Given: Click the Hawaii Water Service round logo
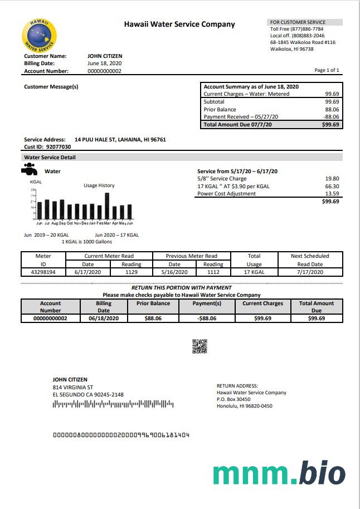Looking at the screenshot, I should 39,36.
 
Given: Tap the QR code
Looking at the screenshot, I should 200,346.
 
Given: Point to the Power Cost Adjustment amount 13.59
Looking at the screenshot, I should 332,194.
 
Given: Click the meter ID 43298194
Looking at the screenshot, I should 43,272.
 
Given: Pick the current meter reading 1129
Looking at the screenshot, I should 131,272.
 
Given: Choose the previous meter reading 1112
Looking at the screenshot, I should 213,272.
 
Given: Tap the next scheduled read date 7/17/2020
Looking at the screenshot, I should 310,272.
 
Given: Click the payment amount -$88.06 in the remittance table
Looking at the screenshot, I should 207,319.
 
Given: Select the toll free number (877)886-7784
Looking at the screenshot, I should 304,28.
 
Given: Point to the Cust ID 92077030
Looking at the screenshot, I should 58,147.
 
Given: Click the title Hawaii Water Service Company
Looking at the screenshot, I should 179,25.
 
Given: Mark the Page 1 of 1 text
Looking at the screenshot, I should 327,70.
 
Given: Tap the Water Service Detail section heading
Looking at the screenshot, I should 50,158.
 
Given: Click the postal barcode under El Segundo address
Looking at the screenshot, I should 113,404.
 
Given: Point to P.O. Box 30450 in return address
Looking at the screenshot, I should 233,399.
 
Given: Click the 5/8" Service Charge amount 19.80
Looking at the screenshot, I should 332,179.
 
